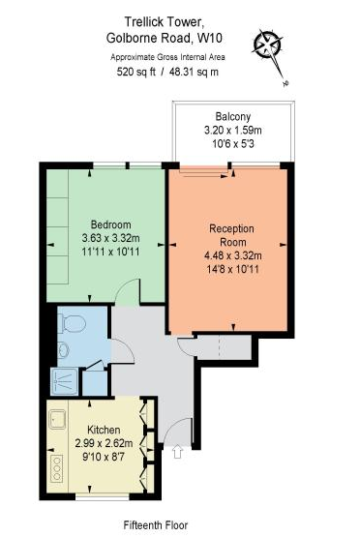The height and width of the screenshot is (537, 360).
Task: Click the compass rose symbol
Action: tap(268, 44)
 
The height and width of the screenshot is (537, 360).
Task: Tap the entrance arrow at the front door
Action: tap(177, 451)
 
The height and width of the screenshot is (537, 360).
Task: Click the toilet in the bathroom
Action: tap(72, 323)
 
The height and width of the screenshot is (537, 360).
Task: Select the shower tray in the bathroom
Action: tap(65, 381)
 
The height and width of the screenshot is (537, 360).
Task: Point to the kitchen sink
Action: tap(57, 420)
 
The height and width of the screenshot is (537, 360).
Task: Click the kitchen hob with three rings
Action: tap(56, 468)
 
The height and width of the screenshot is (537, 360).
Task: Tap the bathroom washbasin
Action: tap(63, 350)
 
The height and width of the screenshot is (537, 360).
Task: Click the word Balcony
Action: tap(233, 116)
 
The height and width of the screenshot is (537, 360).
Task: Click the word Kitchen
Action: tap(104, 430)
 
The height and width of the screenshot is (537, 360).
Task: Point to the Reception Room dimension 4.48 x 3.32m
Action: tap(233, 255)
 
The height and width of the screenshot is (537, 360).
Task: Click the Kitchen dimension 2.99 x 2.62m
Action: tap(104, 443)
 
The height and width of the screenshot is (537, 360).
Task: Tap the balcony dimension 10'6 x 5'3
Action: tap(233, 144)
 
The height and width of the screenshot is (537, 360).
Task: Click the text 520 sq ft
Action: tap(136, 72)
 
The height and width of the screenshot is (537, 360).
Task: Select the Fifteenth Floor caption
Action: tap(156, 524)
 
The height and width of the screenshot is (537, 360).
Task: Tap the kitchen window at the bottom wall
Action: tap(103, 496)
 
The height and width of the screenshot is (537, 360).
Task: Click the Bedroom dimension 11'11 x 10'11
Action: tap(110, 252)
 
